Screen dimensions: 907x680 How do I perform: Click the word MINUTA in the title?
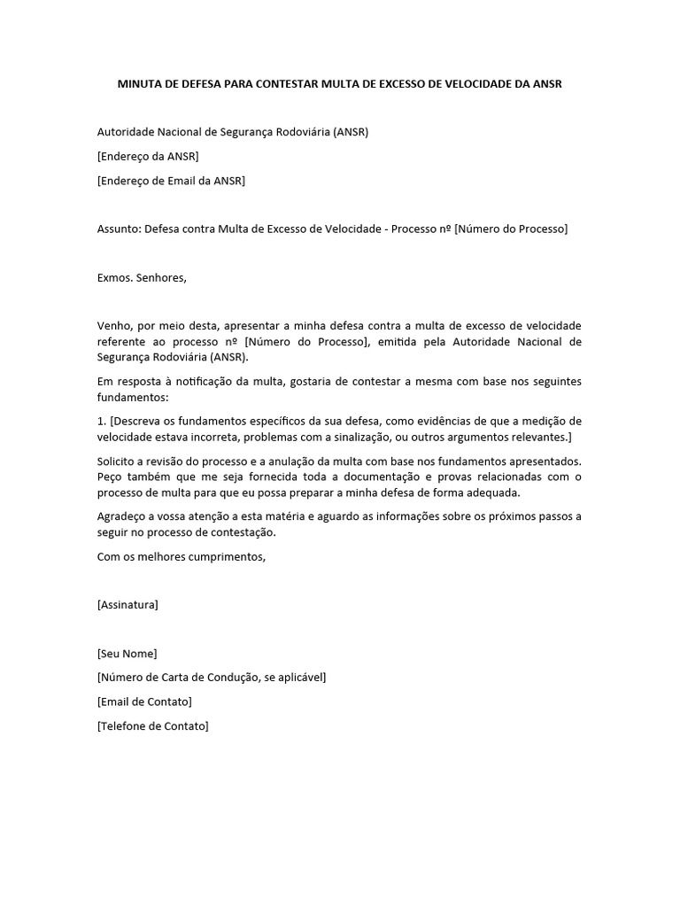tap(143, 84)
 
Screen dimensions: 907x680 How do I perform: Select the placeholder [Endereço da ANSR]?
tap(148, 157)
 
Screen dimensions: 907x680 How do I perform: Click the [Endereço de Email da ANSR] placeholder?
tap(171, 181)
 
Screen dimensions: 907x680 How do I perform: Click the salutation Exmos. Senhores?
tap(142, 277)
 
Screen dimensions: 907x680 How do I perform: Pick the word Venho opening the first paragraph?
tap(114, 326)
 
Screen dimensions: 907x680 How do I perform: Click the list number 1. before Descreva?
tap(101, 421)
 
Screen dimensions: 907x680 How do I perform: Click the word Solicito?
tap(119, 461)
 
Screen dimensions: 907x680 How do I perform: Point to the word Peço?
tap(112, 477)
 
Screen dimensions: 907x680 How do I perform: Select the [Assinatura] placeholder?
tap(127, 605)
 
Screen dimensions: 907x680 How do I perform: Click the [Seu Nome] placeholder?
tap(127, 654)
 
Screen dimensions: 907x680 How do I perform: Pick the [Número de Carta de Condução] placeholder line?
tap(212, 678)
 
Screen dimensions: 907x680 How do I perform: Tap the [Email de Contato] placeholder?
tap(144, 702)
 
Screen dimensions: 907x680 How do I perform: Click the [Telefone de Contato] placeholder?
tap(152, 725)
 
